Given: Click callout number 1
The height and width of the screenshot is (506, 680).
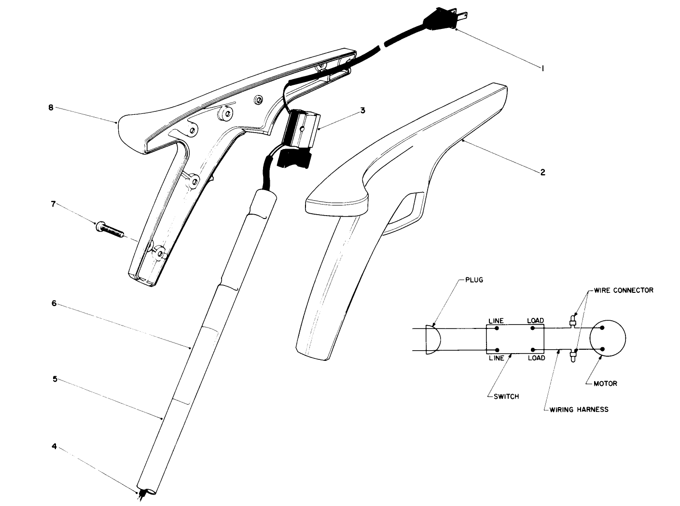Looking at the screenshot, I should click(x=542, y=69).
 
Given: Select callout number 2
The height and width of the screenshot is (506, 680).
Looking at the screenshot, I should click(x=542, y=172).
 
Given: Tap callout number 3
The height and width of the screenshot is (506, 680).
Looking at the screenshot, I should click(x=362, y=110).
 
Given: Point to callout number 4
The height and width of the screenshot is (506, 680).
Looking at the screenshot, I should click(x=54, y=447).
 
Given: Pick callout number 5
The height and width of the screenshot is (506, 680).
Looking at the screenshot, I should click(x=55, y=379).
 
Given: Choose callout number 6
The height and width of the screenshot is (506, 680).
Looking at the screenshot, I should click(x=54, y=303).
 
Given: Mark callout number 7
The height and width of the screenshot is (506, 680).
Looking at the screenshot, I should click(x=54, y=204).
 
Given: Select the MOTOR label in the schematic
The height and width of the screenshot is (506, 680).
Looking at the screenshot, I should click(x=605, y=384).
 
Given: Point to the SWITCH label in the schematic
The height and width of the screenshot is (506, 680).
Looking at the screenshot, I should click(x=506, y=397).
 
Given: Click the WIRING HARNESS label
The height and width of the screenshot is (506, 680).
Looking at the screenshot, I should click(x=579, y=410).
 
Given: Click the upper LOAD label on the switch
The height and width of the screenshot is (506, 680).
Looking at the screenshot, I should click(x=536, y=321).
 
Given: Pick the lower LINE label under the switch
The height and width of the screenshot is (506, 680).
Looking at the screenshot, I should click(x=496, y=358).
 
